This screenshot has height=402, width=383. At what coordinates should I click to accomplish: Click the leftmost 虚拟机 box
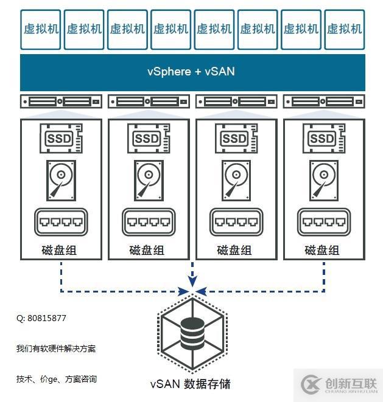point(41,29)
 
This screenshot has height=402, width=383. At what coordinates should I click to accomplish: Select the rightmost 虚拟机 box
point(344,29)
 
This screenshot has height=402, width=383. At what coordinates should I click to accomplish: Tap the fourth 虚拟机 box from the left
point(171,29)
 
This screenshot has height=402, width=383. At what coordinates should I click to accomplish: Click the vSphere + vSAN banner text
point(191,72)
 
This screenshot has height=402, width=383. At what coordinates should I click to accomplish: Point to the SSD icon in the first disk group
point(60,139)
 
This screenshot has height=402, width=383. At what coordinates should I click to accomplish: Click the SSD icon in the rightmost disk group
point(322,139)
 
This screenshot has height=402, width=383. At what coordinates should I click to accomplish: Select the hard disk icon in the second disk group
point(148,180)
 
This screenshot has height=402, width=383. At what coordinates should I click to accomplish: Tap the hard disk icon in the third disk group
point(235,180)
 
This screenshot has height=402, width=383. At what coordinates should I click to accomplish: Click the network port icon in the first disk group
point(60,223)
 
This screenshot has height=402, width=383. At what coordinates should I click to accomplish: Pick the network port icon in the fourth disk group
point(322,223)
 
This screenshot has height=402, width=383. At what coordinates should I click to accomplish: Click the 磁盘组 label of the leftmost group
point(60,250)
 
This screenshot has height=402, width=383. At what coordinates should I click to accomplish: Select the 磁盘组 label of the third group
point(234,250)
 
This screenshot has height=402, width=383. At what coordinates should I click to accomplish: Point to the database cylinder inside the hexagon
point(192,332)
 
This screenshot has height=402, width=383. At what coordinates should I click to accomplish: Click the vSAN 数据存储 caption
point(191,384)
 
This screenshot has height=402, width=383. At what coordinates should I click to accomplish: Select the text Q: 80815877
point(41,318)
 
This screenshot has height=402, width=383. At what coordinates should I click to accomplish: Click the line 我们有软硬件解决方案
point(56,348)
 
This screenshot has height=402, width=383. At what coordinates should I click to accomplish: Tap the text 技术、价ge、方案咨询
point(56,379)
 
